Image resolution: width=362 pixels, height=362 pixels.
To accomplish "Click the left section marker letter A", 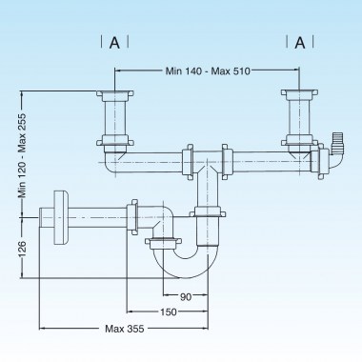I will tap(114, 42).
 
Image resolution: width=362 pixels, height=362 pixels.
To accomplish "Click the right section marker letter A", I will tap(301, 42).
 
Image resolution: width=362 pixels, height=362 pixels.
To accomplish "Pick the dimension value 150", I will tap(169, 312).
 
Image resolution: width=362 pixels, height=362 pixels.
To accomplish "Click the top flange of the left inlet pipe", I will tap(114, 93).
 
